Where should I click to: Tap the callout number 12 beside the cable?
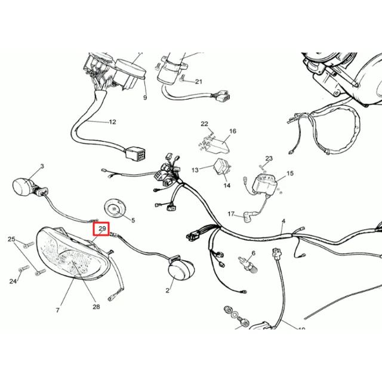[x=112, y=122]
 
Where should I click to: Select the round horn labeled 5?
[x=115, y=208]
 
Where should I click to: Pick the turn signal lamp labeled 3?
[x=24, y=184]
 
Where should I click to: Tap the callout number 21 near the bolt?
[x=199, y=82]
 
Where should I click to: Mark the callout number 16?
[x=233, y=131]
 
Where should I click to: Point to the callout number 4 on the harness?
[x=284, y=221]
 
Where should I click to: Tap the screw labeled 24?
[x=24, y=269]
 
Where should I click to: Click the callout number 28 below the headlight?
[x=96, y=307]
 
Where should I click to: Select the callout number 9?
[x=145, y=98]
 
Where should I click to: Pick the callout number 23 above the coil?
[x=269, y=159]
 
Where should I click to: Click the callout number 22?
[x=204, y=124]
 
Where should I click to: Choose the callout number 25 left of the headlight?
[x=11, y=239]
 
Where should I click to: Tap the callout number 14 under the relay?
[x=227, y=186]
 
